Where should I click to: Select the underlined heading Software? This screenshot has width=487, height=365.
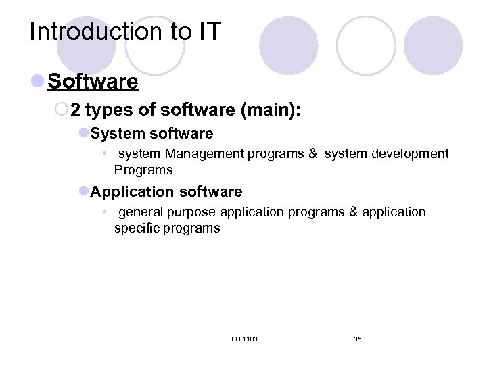point(93,82)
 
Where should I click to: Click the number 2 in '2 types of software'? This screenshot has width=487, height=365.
point(76,109)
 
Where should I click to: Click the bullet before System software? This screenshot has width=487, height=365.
point(84,133)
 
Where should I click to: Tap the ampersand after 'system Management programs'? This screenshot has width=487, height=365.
point(312,154)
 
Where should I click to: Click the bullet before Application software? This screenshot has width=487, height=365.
point(84,191)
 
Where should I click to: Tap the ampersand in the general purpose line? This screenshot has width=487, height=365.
point(353,212)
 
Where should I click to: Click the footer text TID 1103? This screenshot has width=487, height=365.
point(243,339)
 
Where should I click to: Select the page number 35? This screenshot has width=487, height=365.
point(357,339)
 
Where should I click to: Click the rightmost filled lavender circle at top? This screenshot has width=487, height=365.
point(433,45)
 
